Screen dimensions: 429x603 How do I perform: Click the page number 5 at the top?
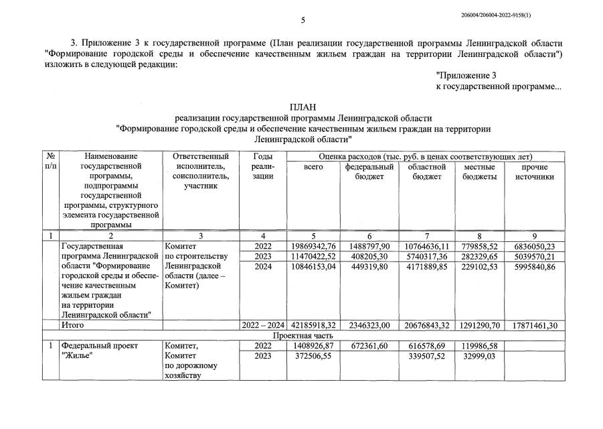(x=303, y=20)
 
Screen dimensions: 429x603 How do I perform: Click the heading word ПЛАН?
(x=302, y=107)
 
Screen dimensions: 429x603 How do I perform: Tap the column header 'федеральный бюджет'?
(x=369, y=172)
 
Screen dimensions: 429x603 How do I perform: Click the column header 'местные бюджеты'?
(x=479, y=172)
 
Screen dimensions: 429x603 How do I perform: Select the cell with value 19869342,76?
(x=313, y=246)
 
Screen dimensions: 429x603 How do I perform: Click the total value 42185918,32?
(x=313, y=325)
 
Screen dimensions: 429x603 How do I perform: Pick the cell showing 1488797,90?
(x=369, y=246)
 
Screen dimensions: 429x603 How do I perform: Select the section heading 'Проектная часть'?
(x=302, y=335)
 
